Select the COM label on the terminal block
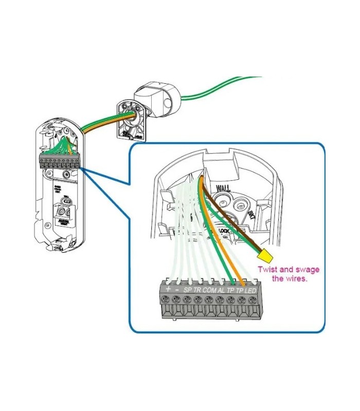[x=209, y=290]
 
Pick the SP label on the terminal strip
[x=187, y=290]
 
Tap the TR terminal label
[x=197, y=290]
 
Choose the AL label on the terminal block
[x=222, y=290]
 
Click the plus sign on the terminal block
[x=168, y=289]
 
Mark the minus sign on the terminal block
[x=177, y=290]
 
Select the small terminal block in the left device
[x=60, y=161]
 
